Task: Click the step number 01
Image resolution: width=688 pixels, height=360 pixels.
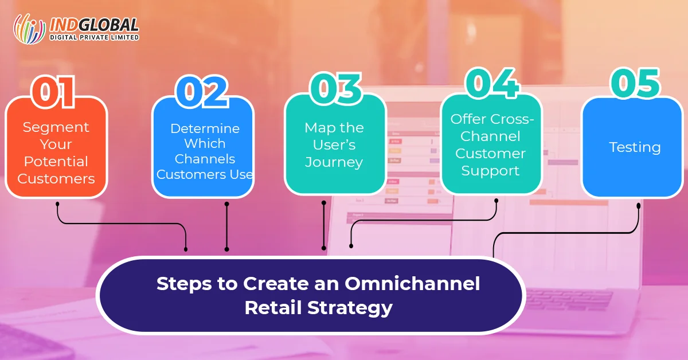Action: click(53, 92)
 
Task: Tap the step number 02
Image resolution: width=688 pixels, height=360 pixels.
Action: click(202, 92)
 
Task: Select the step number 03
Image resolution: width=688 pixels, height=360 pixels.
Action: click(335, 88)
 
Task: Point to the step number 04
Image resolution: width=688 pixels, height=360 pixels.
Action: click(492, 83)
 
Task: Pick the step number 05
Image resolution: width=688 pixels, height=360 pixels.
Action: click(635, 83)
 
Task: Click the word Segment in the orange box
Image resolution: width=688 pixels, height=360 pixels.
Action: click(56, 127)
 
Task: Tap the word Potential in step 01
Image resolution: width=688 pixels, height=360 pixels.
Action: click(56, 161)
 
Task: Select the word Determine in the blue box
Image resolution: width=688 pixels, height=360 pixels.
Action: click(205, 128)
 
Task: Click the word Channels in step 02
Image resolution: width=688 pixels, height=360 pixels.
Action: click(205, 159)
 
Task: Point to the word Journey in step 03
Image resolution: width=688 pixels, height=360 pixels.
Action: click(334, 162)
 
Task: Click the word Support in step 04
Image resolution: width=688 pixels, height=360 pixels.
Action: click(490, 171)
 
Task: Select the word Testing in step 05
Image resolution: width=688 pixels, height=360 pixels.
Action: click(635, 147)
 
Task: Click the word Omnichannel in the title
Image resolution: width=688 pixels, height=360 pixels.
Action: click(412, 283)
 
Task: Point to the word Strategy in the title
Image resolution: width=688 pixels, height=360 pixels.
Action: click(350, 308)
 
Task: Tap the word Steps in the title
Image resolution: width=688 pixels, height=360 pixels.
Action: click(184, 284)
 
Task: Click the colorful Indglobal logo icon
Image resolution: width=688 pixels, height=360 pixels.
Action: click(29, 29)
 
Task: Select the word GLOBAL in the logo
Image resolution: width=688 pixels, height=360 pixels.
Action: click(108, 25)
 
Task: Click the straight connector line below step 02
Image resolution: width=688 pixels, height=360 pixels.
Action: click(226, 226)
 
